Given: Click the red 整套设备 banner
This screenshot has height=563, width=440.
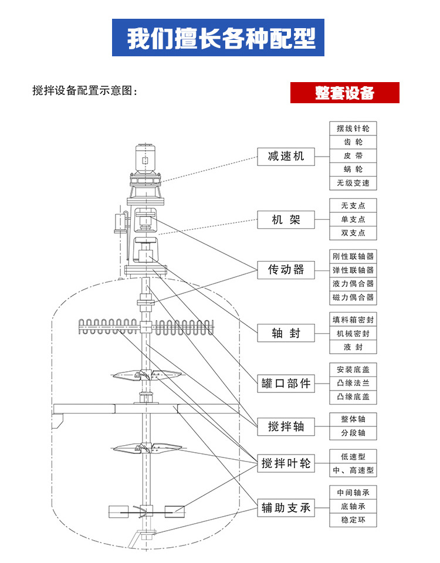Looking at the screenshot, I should click(345, 93).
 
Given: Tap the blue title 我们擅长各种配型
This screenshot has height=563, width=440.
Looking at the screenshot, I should click(218, 38).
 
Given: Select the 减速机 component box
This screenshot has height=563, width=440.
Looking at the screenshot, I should click(286, 156).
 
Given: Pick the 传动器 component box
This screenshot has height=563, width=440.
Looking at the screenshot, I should click(286, 270).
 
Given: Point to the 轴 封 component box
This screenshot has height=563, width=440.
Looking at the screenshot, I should click(286, 333).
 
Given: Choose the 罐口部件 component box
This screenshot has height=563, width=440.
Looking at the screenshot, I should click(286, 384).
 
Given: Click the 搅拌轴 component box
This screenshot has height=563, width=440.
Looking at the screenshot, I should click(286, 426).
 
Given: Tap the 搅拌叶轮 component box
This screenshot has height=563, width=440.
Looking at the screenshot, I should click(286, 463).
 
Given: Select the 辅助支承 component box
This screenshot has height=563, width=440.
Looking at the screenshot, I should click(286, 508).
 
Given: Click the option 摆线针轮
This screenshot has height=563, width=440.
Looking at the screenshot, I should click(353, 128).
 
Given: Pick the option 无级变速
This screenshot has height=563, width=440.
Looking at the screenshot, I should click(353, 183).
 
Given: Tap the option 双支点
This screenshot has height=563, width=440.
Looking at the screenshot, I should click(353, 233).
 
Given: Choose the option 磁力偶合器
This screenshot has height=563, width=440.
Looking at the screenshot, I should click(353, 297).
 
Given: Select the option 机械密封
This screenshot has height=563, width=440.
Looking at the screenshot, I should click(353, 333).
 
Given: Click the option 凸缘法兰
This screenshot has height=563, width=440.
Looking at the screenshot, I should click(353, 384).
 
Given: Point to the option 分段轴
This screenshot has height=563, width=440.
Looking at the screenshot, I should click(353, 433).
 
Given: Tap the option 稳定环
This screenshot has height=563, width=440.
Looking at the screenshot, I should click(353, 520).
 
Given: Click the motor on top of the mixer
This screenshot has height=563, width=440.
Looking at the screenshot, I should click(145, 156).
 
